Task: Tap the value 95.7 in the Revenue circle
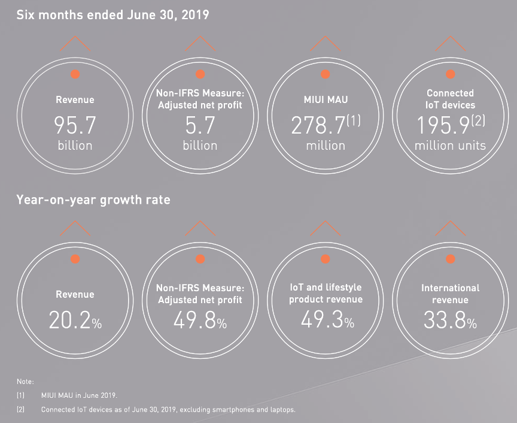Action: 75,125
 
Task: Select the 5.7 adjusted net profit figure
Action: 200,125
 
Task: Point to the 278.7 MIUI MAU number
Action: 318,125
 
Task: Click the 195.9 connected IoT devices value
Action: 443,125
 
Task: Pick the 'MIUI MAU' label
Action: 326,99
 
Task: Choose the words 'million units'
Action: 451,145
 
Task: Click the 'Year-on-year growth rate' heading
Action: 93,200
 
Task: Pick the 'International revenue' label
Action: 451,294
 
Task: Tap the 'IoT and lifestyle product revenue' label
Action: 326,293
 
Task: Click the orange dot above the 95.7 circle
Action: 75,74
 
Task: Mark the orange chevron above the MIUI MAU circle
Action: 326,43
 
